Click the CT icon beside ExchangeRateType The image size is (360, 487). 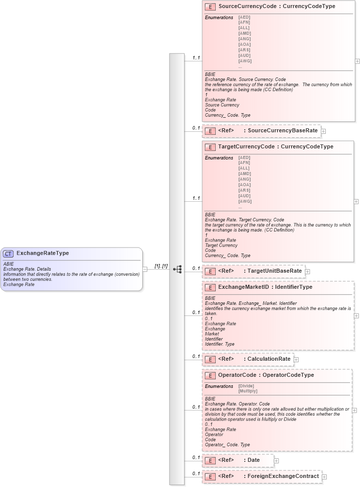click(9, 254)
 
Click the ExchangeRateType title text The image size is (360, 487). click(43, 253)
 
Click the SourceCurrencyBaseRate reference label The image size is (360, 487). click(283, 131)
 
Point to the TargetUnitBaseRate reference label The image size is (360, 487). click(275, 271)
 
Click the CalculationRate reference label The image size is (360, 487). click(269, 359)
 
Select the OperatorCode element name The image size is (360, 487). click(237, 375)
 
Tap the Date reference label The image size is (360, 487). click(254, 460)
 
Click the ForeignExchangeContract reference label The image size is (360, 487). click(283, 476)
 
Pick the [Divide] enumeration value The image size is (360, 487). click(246, 386)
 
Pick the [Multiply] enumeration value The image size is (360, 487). click(248, 391)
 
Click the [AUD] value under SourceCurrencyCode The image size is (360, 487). click(244, 55)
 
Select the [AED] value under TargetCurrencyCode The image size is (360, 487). click(244, 157)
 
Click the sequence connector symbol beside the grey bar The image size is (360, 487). click(177, 269)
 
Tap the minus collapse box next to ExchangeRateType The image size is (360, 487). click(145, 269)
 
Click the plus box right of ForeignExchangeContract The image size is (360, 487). click(324, 476)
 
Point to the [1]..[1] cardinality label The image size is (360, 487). click(161, 266)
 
